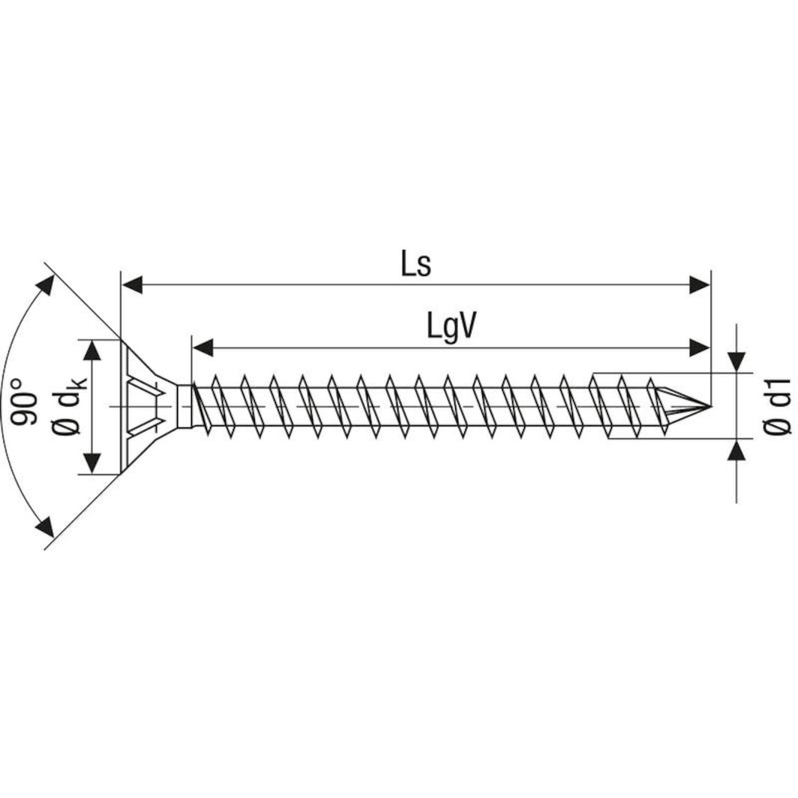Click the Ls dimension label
(x=415, y=265)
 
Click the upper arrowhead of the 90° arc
(x=46, y=286)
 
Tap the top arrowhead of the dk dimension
(x=91, y=350)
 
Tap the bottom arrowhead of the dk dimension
(x=91, y=463)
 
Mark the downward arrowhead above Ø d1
(x=738, y=361)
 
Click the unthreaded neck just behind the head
(x=184, y=406)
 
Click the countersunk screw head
(x=146, y=406)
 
